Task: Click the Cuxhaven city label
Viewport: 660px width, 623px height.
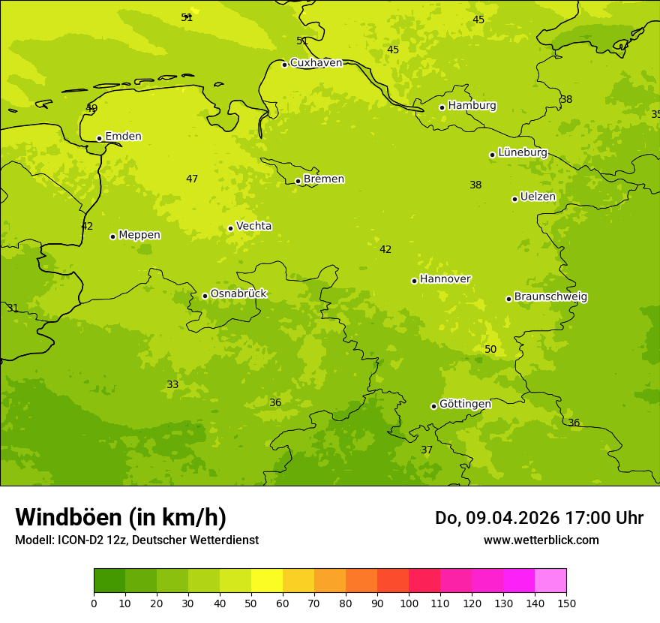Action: point(316,63)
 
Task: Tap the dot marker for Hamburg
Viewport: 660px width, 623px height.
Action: point(442,107)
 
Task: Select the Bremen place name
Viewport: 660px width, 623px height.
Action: point(324,179)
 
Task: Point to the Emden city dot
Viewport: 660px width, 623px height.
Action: point(99,138)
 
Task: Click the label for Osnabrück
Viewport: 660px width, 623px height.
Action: point(238,294)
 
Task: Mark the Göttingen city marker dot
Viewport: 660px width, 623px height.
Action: point(433,406)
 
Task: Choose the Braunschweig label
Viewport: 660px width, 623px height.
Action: point(550,297)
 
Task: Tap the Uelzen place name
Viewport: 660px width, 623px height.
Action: point(538,197)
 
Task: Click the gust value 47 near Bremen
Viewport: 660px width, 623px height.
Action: point(192,179)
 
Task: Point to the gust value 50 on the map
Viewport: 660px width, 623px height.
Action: point(490,350)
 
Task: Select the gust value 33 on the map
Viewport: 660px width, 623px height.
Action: point(172,385)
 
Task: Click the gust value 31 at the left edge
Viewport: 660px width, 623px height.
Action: point(13,308)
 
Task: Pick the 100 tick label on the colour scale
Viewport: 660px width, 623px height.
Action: point(409,603)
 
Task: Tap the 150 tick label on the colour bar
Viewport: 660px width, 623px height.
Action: point(566,603)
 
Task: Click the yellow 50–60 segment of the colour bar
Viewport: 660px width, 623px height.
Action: point(267,581)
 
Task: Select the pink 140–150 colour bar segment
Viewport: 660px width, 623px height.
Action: point(550,581)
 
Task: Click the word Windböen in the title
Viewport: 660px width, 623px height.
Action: point(68,517)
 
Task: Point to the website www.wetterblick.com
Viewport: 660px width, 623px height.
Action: point(541,540)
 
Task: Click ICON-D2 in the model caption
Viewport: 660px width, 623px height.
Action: point(85,540)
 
